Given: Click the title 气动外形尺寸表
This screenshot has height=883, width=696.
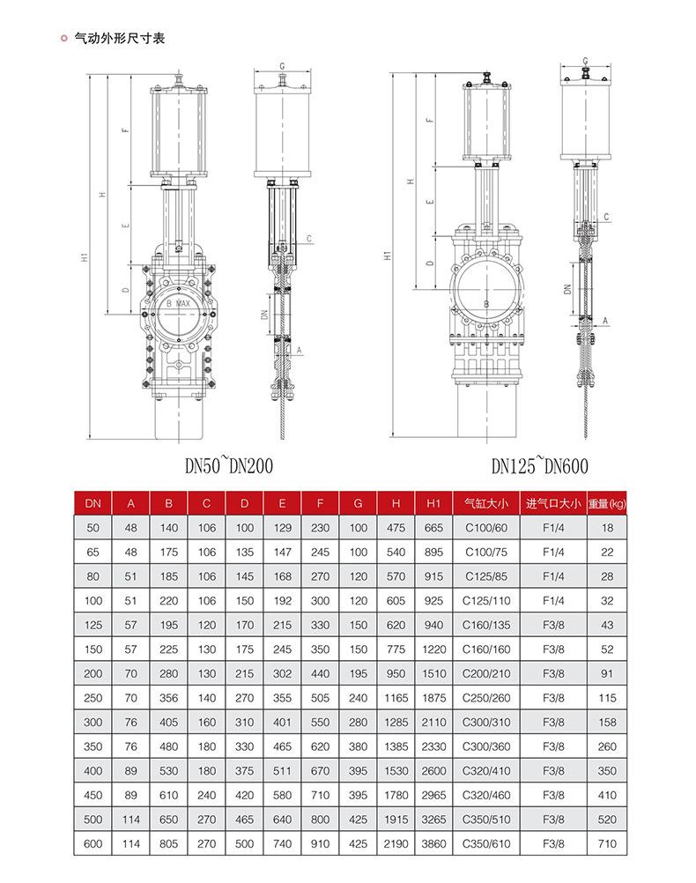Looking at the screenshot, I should tap(119, 39).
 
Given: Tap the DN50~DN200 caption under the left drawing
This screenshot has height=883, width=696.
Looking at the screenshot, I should tap(223, 465).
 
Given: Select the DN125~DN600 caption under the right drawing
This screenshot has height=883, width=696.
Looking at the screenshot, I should tap(540, 465).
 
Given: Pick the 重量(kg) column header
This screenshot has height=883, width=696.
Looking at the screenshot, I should tap(606, 503).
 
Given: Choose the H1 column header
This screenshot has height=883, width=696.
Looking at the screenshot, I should tap(433, 503).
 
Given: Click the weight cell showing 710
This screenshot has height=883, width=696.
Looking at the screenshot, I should tap(606, 843).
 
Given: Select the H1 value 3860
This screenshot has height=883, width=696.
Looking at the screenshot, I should tap(433, 843).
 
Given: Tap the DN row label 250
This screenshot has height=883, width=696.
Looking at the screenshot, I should tap(93, 698).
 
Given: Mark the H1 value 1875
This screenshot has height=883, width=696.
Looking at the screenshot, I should tap(433, 698).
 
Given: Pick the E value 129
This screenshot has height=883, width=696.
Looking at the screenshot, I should tap(282, 528).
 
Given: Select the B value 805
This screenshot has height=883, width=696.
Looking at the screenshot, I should tap(169, 843).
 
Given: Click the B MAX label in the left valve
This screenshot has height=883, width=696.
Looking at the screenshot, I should tap(178, 302).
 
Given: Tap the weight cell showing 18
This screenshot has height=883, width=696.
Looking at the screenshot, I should tap(606, 528).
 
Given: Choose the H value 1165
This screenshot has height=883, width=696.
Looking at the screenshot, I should tap(396, 698).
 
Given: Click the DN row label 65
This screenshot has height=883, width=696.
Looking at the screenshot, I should tap(93, 552).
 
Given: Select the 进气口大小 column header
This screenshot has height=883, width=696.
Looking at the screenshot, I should tap(553, 503).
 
